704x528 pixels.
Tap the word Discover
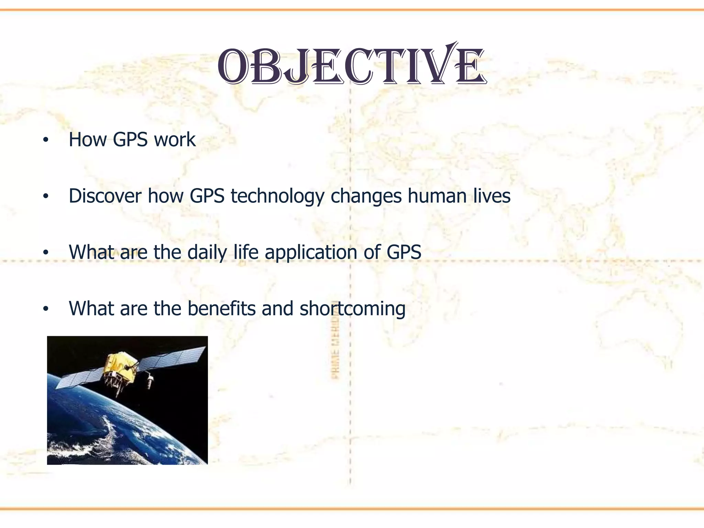[x=105, y=196]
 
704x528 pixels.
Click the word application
[x=311, y=253]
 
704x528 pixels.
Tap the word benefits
[x=221, y=308]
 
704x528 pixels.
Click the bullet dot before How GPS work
[x=46, y=140]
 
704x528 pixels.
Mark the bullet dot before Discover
[x=46, y=197]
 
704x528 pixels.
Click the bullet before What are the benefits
[x=46, y=309]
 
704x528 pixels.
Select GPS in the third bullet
[x=404, y=253]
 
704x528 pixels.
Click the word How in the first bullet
[x=88, y=140]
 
